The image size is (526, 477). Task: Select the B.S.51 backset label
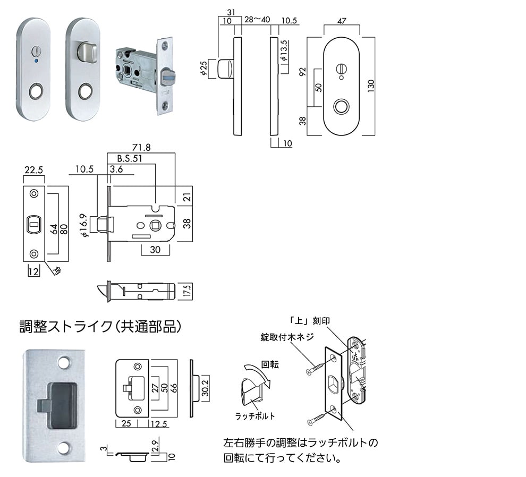[x=123, y=158]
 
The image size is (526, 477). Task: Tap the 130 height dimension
[x=370, y=85]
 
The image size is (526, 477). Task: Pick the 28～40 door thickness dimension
[x=257, y=21]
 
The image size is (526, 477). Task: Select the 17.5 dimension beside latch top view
[x=187, y=291]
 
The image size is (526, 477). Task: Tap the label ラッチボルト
[x=255, y=416]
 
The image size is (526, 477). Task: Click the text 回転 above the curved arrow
[x=269, y=365]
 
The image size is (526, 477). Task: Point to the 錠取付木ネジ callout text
[x=287, y=337]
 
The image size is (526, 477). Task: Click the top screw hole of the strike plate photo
[x=64, y=362]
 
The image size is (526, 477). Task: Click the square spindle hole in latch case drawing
[x=156, y=224]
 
